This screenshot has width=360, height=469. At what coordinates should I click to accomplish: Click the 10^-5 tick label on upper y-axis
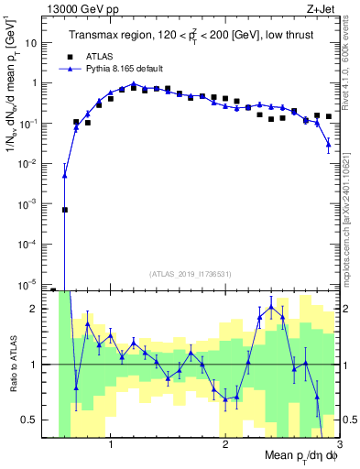(x=32, y=283)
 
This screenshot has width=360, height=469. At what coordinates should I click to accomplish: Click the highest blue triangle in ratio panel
(x=271, y=306)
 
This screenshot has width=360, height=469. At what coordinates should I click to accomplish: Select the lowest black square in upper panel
(x=65, y=210)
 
